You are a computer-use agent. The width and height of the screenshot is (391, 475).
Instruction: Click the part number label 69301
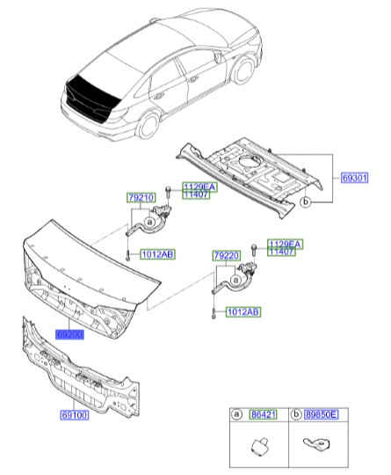pos(356,177)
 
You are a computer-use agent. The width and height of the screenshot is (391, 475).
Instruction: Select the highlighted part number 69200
pos(69,335)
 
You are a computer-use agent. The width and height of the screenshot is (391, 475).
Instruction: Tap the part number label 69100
pos(74,413)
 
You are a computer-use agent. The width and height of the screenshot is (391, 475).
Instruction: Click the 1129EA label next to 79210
pos(196,186)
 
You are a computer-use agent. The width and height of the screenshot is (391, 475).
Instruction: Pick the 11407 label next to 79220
pos(283,252)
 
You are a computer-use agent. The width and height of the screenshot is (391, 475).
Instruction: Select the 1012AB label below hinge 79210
pos(157,254)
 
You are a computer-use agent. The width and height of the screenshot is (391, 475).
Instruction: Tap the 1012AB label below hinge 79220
pos(243,311)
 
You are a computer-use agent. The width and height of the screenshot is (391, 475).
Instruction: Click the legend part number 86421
pos(263,413)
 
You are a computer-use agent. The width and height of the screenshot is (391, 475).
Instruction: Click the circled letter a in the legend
pos(237,413)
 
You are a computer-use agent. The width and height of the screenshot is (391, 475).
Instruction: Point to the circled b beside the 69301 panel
pos(305,201)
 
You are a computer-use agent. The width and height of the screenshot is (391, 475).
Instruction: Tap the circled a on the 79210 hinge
pos(149,223)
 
